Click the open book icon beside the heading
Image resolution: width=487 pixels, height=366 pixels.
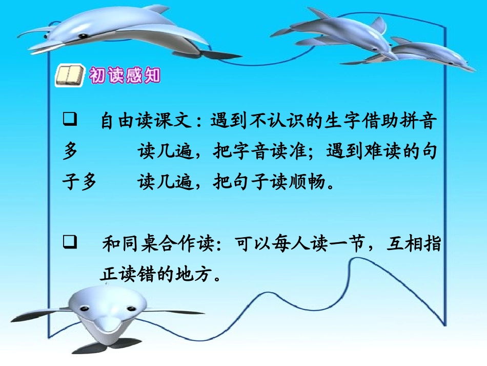69,76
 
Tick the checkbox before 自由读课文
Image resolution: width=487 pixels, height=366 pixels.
70,121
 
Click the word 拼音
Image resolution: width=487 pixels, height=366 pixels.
421,122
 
